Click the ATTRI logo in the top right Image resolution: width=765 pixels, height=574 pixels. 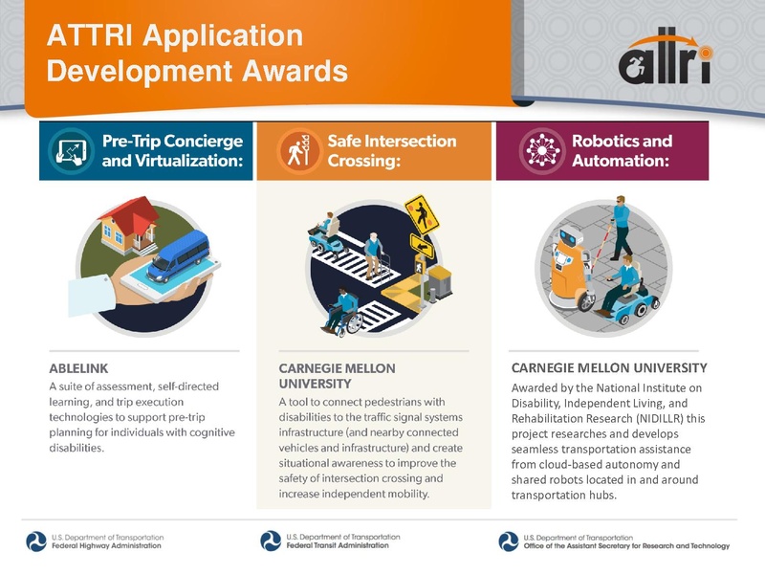[x=664, y=60]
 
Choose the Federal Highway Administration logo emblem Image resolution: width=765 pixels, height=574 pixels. [x=35, y=541]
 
